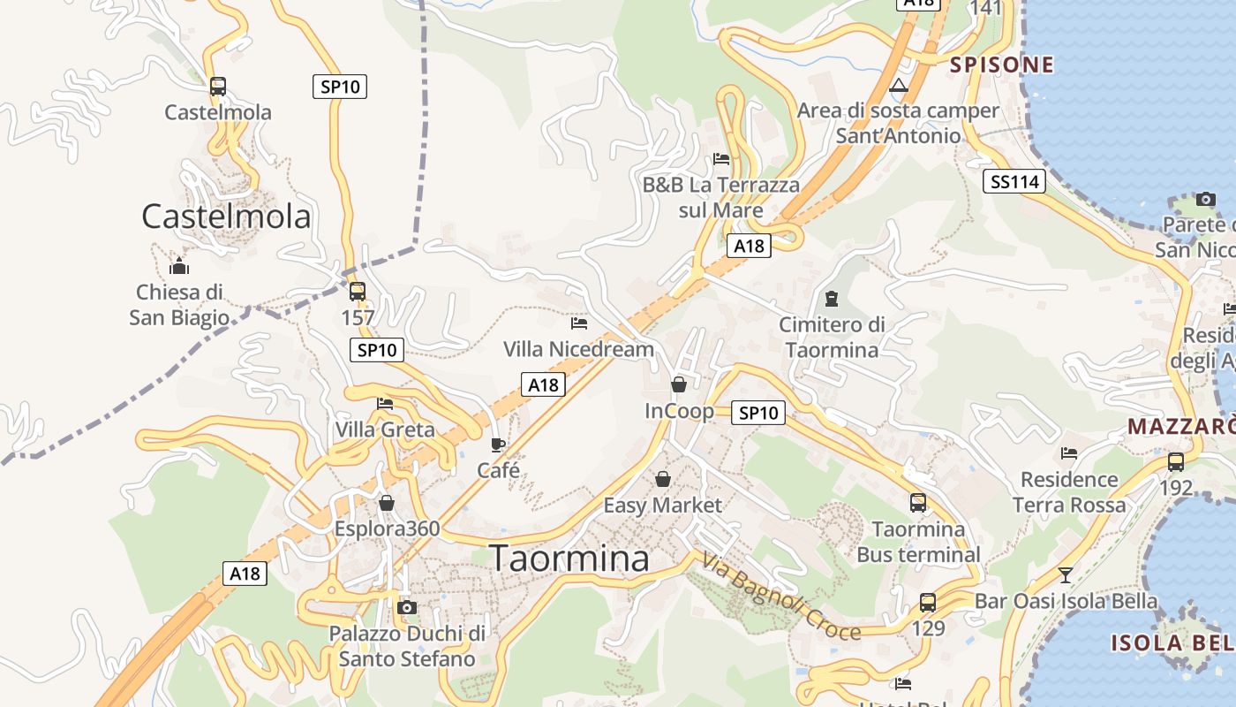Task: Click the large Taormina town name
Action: tap(569, 559)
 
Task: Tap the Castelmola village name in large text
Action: tap(226, 217)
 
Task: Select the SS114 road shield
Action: tap(1014, 182)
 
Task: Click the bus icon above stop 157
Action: tap(358, 292)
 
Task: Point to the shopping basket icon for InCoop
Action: tap(679, 384)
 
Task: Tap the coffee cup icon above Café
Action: tap(498, 445)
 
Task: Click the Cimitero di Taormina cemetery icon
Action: tap(831, 299)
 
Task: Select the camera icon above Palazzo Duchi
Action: tap(407, 607)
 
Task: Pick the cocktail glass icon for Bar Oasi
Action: tap(1066, 575)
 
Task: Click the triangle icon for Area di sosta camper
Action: tap(899, 86)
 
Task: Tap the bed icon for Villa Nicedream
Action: tap(579, 323)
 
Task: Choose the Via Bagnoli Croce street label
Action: tap(781, 597)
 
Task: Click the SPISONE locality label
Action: tap(1001, 65)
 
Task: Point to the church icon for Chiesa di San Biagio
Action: tap(179, 265)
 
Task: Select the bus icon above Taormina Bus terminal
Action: tap(918, 503)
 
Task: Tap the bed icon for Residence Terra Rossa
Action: tap(1069, 453)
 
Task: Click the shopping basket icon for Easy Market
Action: tap(662, 479)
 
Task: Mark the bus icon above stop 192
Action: tap(1175, 461)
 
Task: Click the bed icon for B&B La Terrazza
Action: tap(721, 159)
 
